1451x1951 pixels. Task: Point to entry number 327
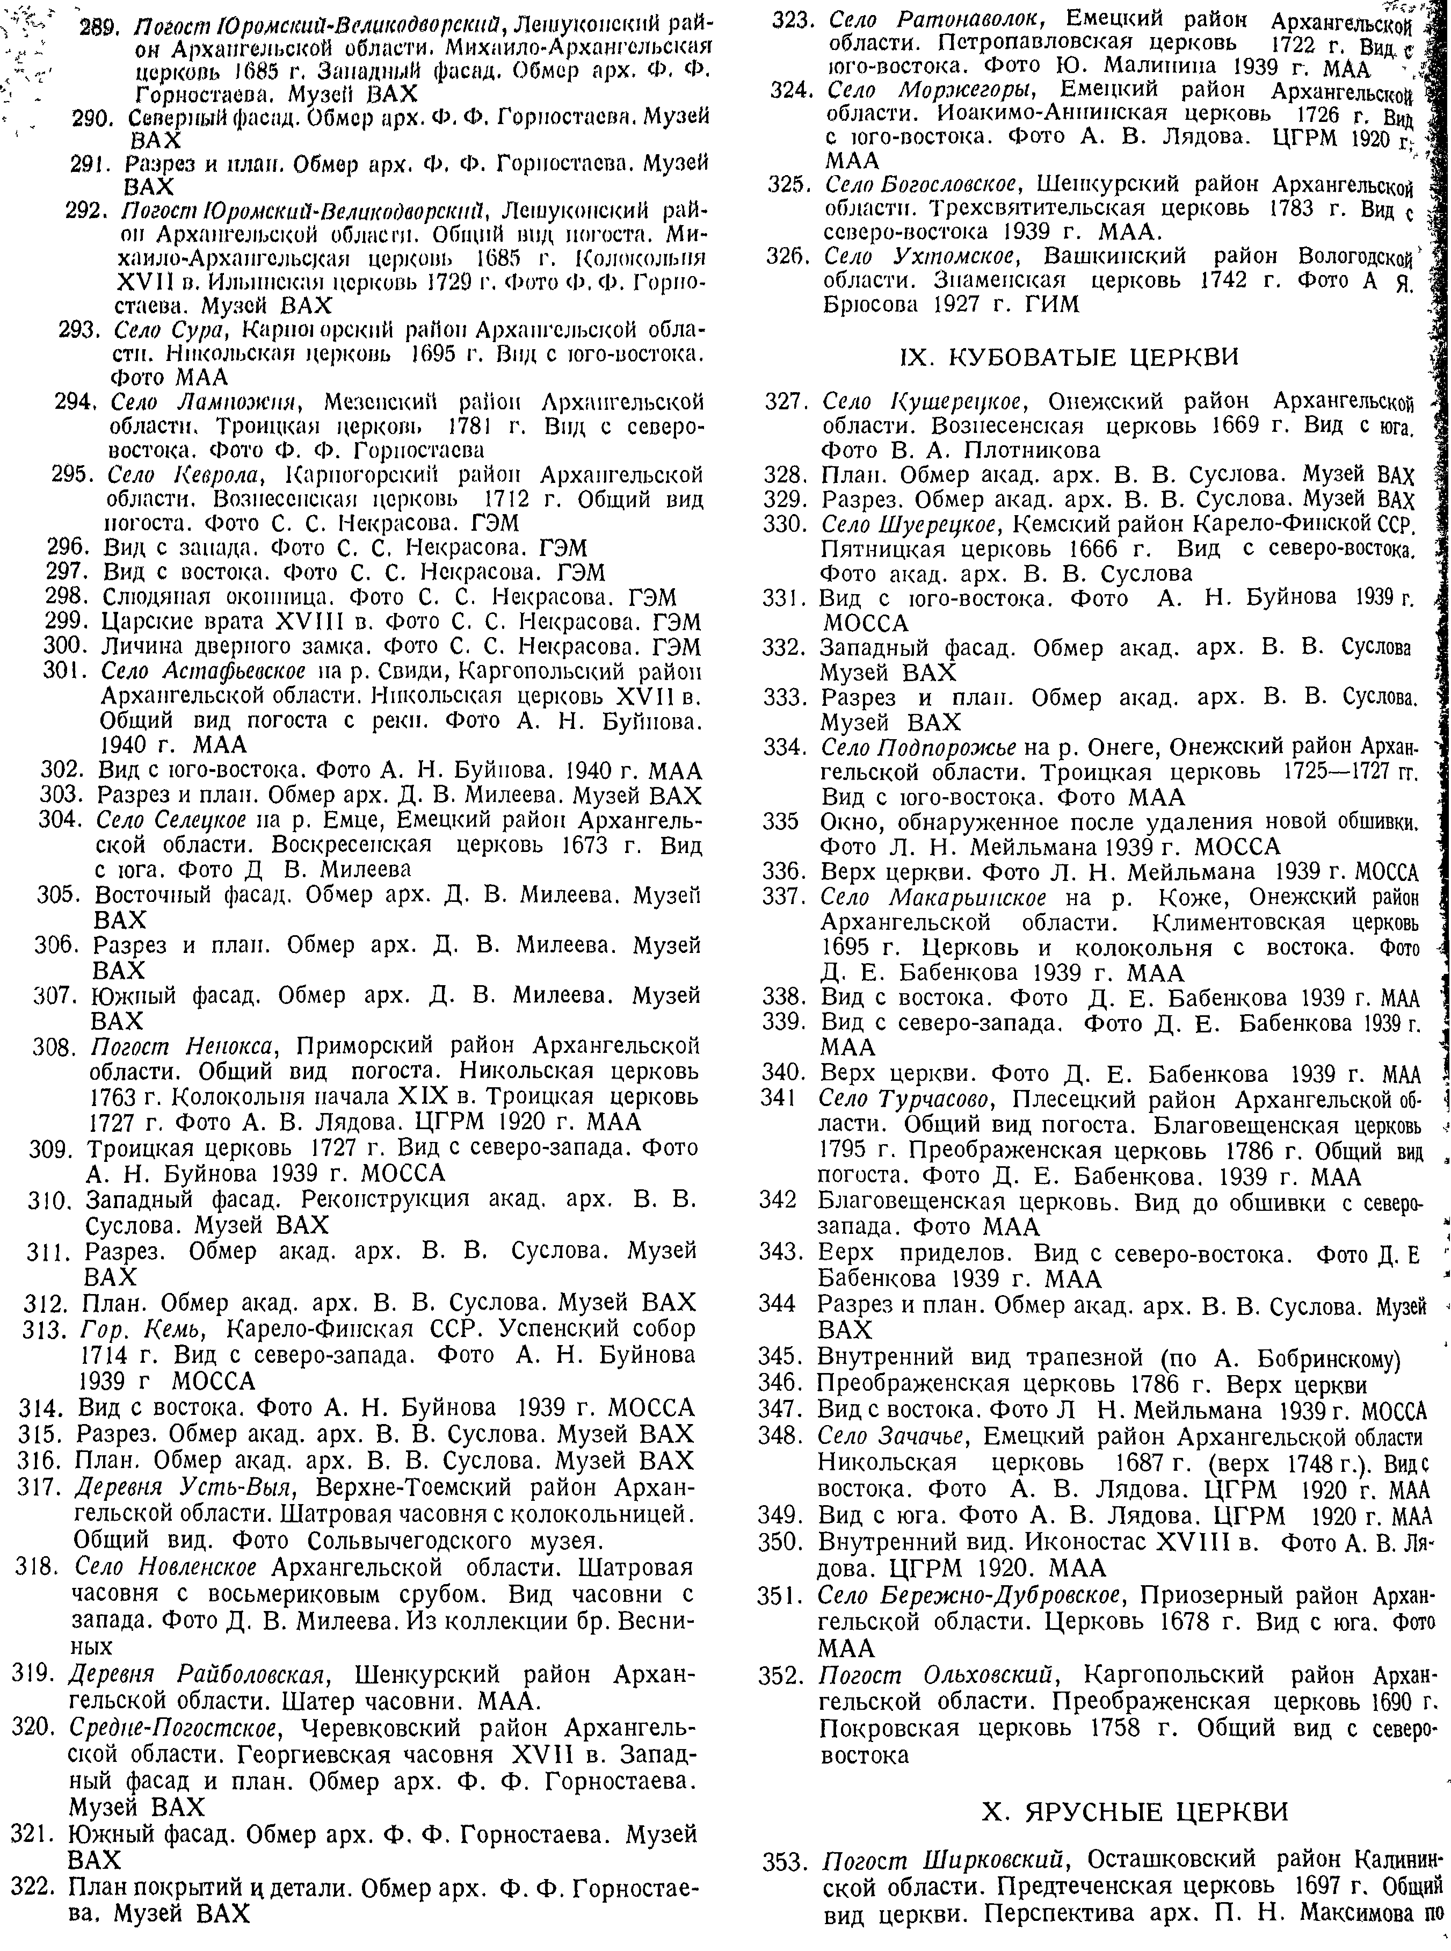point(787,402)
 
